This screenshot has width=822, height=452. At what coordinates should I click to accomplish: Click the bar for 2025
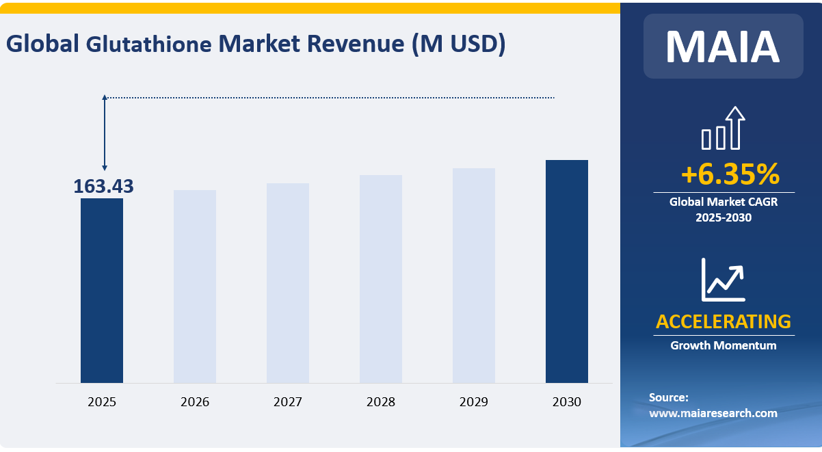point(102,290)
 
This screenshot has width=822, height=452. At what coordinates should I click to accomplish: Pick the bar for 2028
point(381,278)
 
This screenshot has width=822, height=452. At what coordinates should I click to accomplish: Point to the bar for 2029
point(474,275)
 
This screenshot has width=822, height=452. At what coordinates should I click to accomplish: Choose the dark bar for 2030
point(567,271)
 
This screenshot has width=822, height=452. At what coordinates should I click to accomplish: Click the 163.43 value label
point(103,186)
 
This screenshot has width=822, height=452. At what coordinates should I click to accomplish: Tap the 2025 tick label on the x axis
point(102,402)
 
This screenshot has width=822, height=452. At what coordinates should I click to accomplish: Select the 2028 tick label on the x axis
point(381,402)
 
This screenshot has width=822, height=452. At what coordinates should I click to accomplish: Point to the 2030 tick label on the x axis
point(567,402)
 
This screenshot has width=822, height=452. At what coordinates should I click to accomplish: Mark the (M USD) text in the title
point(459,44)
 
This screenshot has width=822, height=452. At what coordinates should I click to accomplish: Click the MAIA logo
point(723,46)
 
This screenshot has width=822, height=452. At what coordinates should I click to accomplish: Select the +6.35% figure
point(730,175)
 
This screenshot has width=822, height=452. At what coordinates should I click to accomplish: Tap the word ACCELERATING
point(723,321)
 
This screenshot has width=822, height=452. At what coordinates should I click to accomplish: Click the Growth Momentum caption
point(723,345)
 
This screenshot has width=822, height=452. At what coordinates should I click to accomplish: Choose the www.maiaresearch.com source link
point(713,413)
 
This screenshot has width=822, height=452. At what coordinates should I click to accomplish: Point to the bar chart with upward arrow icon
point(723,128)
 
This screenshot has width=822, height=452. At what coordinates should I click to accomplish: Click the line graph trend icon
point(723,280)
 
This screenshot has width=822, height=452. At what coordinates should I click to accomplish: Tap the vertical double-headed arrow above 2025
point(105,133)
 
